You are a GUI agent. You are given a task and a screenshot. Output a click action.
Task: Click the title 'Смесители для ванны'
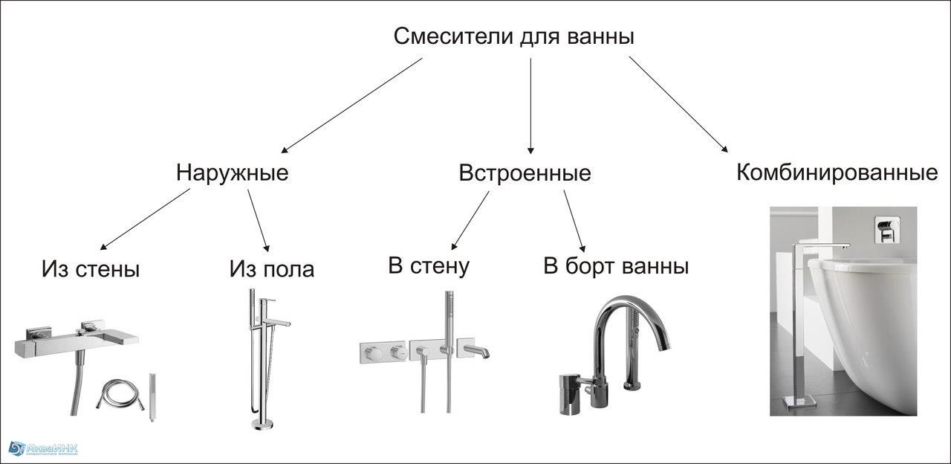coord(513,36)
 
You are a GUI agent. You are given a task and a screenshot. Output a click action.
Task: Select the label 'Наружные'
coord(233,174)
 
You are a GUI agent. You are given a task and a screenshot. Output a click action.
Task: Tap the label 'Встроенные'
coord(525,173)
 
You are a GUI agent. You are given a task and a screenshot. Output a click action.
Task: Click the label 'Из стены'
coord(91,269)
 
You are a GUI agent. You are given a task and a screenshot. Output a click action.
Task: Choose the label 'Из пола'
coord(272,269)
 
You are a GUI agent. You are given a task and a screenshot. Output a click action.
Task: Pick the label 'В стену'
coord(429,266)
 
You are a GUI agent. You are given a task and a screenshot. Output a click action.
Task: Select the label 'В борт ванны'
coord(616,267)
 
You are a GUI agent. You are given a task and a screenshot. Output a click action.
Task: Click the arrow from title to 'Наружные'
coord(352,106)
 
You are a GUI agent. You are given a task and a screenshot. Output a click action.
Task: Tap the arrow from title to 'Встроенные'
coord(530,106)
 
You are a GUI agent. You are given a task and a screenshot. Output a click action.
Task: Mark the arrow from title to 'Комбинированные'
coord(678,104)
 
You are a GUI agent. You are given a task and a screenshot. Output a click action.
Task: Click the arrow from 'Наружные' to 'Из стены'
coord(145,219)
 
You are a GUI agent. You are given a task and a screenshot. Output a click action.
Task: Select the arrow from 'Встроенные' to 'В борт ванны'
coord(574,221)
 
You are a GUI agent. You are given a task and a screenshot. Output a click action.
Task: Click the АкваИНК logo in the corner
coord(43,448)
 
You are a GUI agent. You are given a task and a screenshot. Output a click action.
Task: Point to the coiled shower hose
coord(120,394)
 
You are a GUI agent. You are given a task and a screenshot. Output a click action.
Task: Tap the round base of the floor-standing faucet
coord(263,424)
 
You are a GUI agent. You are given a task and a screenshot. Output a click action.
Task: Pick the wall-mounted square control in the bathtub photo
coord(886,230)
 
